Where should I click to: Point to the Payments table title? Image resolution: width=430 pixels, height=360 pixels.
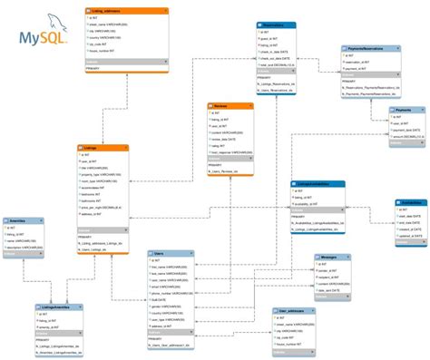[405, 110]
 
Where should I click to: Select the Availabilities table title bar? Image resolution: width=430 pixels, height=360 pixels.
[409, 203]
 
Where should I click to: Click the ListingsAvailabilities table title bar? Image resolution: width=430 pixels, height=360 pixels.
[317, 183]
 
